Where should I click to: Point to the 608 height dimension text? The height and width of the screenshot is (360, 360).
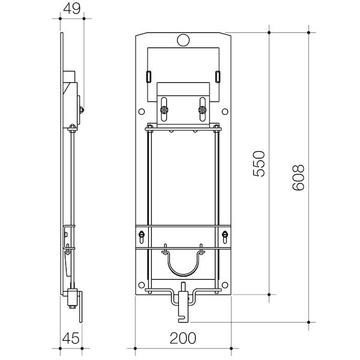[x=298, y=177]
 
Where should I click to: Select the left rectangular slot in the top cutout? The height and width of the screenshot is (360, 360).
[x=148, y=76]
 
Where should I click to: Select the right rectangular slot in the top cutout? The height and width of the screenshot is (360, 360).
[x=218, y=76]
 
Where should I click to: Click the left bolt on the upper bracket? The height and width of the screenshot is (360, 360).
[x=164, y=110]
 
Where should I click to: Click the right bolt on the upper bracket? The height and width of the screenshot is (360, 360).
[x=202, y=110]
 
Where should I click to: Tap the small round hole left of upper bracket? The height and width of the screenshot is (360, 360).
[x=140, y=111]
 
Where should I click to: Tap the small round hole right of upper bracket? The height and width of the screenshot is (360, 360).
[x=226, y=111]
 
